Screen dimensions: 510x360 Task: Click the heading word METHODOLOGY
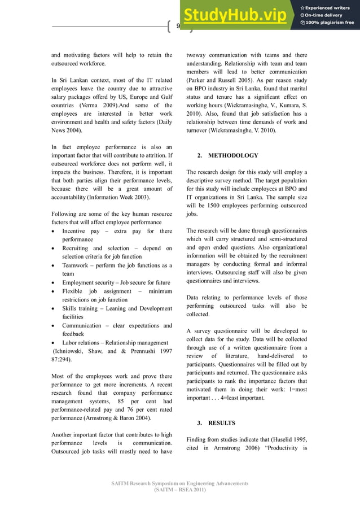click(233, 155)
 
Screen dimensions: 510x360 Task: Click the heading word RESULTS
click(222, 422)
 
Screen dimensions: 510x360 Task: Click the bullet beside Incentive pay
click(53, 232)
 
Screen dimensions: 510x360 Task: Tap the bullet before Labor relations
click(53, 342)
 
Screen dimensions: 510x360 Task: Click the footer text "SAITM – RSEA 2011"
click(179, 490)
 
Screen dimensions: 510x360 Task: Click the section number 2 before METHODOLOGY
click(199, 155)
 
